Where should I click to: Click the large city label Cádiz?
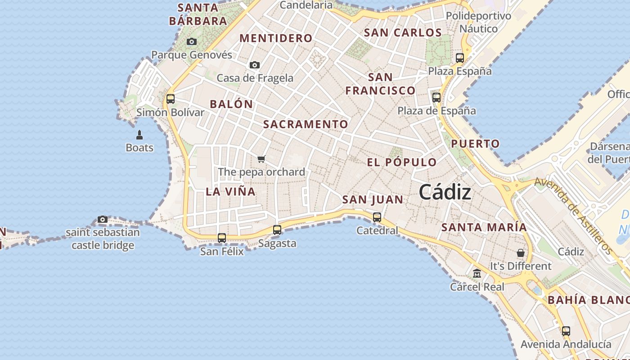coord(445,193)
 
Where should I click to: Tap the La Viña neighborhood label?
coord(230,192)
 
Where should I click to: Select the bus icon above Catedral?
coord(377,217)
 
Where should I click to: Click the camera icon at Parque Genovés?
coord(192,42)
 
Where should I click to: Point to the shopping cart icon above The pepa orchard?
coord(261,159)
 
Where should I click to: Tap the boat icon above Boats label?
coord(139,135)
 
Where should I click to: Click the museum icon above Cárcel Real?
coord(477,273)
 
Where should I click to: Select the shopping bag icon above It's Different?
coord(521,253)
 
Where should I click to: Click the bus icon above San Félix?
coord(222,238)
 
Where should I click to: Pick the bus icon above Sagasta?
coord(277,230)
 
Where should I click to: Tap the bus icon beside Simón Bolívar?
coord(171,99)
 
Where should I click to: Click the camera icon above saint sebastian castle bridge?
coord(103,220)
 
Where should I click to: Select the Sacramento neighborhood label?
coord(306,125)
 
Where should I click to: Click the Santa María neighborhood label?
coord(484,227)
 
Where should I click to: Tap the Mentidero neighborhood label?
coord(276,39)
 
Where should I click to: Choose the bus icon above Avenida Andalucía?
coord(566,331)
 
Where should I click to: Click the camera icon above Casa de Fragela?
coord(255,65)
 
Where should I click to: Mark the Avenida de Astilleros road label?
coord(574,216)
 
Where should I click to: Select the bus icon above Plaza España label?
coord(459,58)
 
